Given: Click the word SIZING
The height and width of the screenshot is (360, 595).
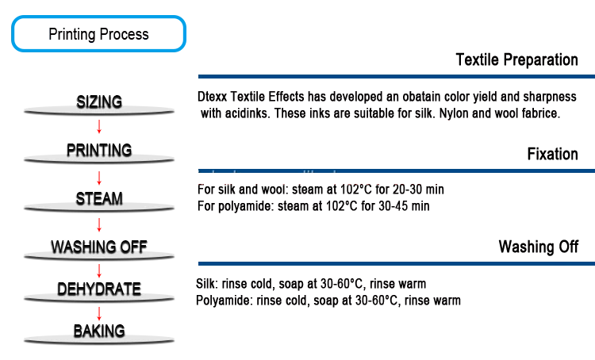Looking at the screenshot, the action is tap(99, 101).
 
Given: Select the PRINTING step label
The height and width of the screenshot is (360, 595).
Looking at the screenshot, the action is tap(99, 150).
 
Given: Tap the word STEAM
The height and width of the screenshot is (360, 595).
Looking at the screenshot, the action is tap(100, 198).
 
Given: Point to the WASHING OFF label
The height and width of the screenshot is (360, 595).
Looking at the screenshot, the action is tap(100, 247).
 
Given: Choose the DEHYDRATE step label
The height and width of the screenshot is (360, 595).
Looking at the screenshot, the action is tap(99, 289).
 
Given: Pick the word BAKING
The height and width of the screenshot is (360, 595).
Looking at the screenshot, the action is tap(99, 331).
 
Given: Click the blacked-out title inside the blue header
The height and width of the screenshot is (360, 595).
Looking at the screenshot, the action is tap(98, 35).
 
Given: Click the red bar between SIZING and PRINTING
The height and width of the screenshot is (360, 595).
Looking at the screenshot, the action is tap(341, 129).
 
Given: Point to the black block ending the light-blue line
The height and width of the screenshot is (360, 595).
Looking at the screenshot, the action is tap(516, 60).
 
